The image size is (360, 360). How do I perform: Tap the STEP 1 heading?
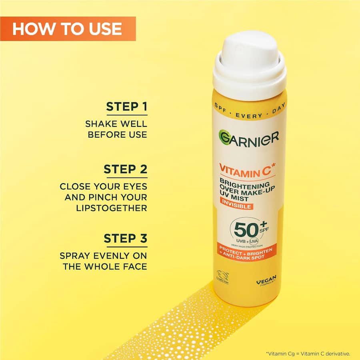pos(126,107)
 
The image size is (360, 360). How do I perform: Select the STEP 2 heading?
pos(126,169)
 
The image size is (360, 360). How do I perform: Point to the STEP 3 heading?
pos(126,238)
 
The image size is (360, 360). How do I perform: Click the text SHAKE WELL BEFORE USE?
pos(116,129)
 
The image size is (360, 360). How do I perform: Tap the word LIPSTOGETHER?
pos(112,208)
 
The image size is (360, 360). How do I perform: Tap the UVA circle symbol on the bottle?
pos(253,241)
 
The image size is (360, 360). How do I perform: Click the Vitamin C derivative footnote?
pos(308,353)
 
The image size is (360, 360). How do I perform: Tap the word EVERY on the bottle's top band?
pos(249,116)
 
